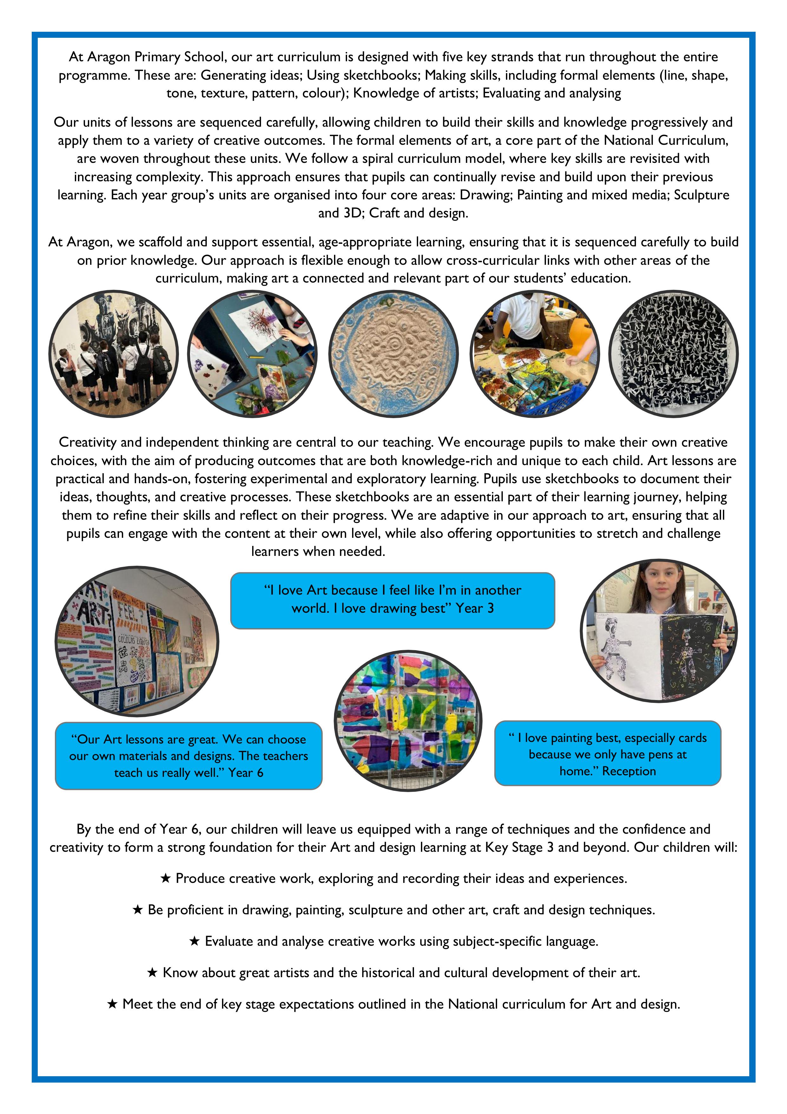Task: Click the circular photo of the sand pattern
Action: pyautogui.click(x=393, y=354)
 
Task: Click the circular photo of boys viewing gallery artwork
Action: pyautogui.click(x=114, y=354)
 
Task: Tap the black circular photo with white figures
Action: pyautogui.click(x=673, y=354)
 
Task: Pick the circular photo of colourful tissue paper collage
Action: pyautogui.click(x=408, y=721)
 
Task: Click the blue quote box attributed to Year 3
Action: pyautogui.click(x=392, y=600)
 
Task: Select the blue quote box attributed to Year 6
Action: pyautogui.click(x=189, y=756)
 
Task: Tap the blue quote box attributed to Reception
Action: pyautogui.click(x=607, y=753)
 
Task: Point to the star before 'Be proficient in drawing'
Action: pyautogui.click(x=138, y=910)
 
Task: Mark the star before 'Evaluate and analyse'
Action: pyautogui.click(x=194, y=942)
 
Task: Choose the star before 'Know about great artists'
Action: pyautogui.click(x=152, y=973)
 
